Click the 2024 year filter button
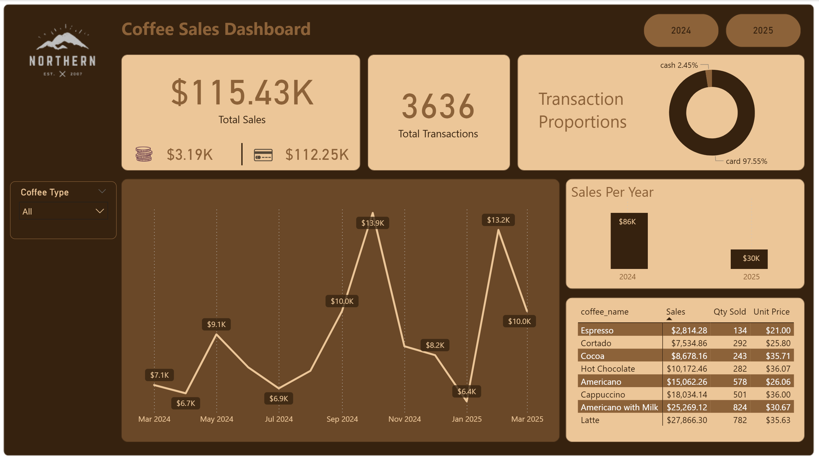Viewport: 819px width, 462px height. pyautogui.click(x=681, y=31)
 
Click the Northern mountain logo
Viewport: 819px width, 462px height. pyautogui.click(x=62, y=50)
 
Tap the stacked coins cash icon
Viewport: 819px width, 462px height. pyautogui.click(x=144, y=154)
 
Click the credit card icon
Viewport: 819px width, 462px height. pyautogui.click(x=263, y=155)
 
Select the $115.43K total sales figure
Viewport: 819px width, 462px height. pyautogui.click(x=242, y=93)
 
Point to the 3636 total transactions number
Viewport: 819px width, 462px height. pyautogui.click(x=438, y=107)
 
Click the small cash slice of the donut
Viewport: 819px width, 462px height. pyautogui.click(x=709, y=78)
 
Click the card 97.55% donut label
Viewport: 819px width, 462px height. pyautogui.click(x=746, y=161)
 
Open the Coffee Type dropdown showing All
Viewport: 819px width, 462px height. pyautogui.click(x=63, y=211)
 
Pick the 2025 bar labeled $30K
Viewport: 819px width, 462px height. pyautogui.click(x=749, y=259)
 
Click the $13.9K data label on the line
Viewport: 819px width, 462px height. pyautogui.click(x=373, y=223)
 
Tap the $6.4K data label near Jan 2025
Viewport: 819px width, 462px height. pyautogui.click(x=467, y=391)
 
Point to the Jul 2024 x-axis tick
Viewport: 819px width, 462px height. pyautogui.click(x=279, y=419)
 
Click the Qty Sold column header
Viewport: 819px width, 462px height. pyautogui.click(x=729, y=312)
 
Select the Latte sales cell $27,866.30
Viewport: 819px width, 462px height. pyautogui.click(x=687, y=420)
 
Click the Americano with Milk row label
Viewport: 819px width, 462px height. pyautogui.click(x=619, y=407)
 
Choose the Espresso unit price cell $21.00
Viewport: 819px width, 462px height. pyautogui.click(x=778, y=330)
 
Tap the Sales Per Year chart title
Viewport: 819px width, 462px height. pyautogui.click(x=612, y=192)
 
